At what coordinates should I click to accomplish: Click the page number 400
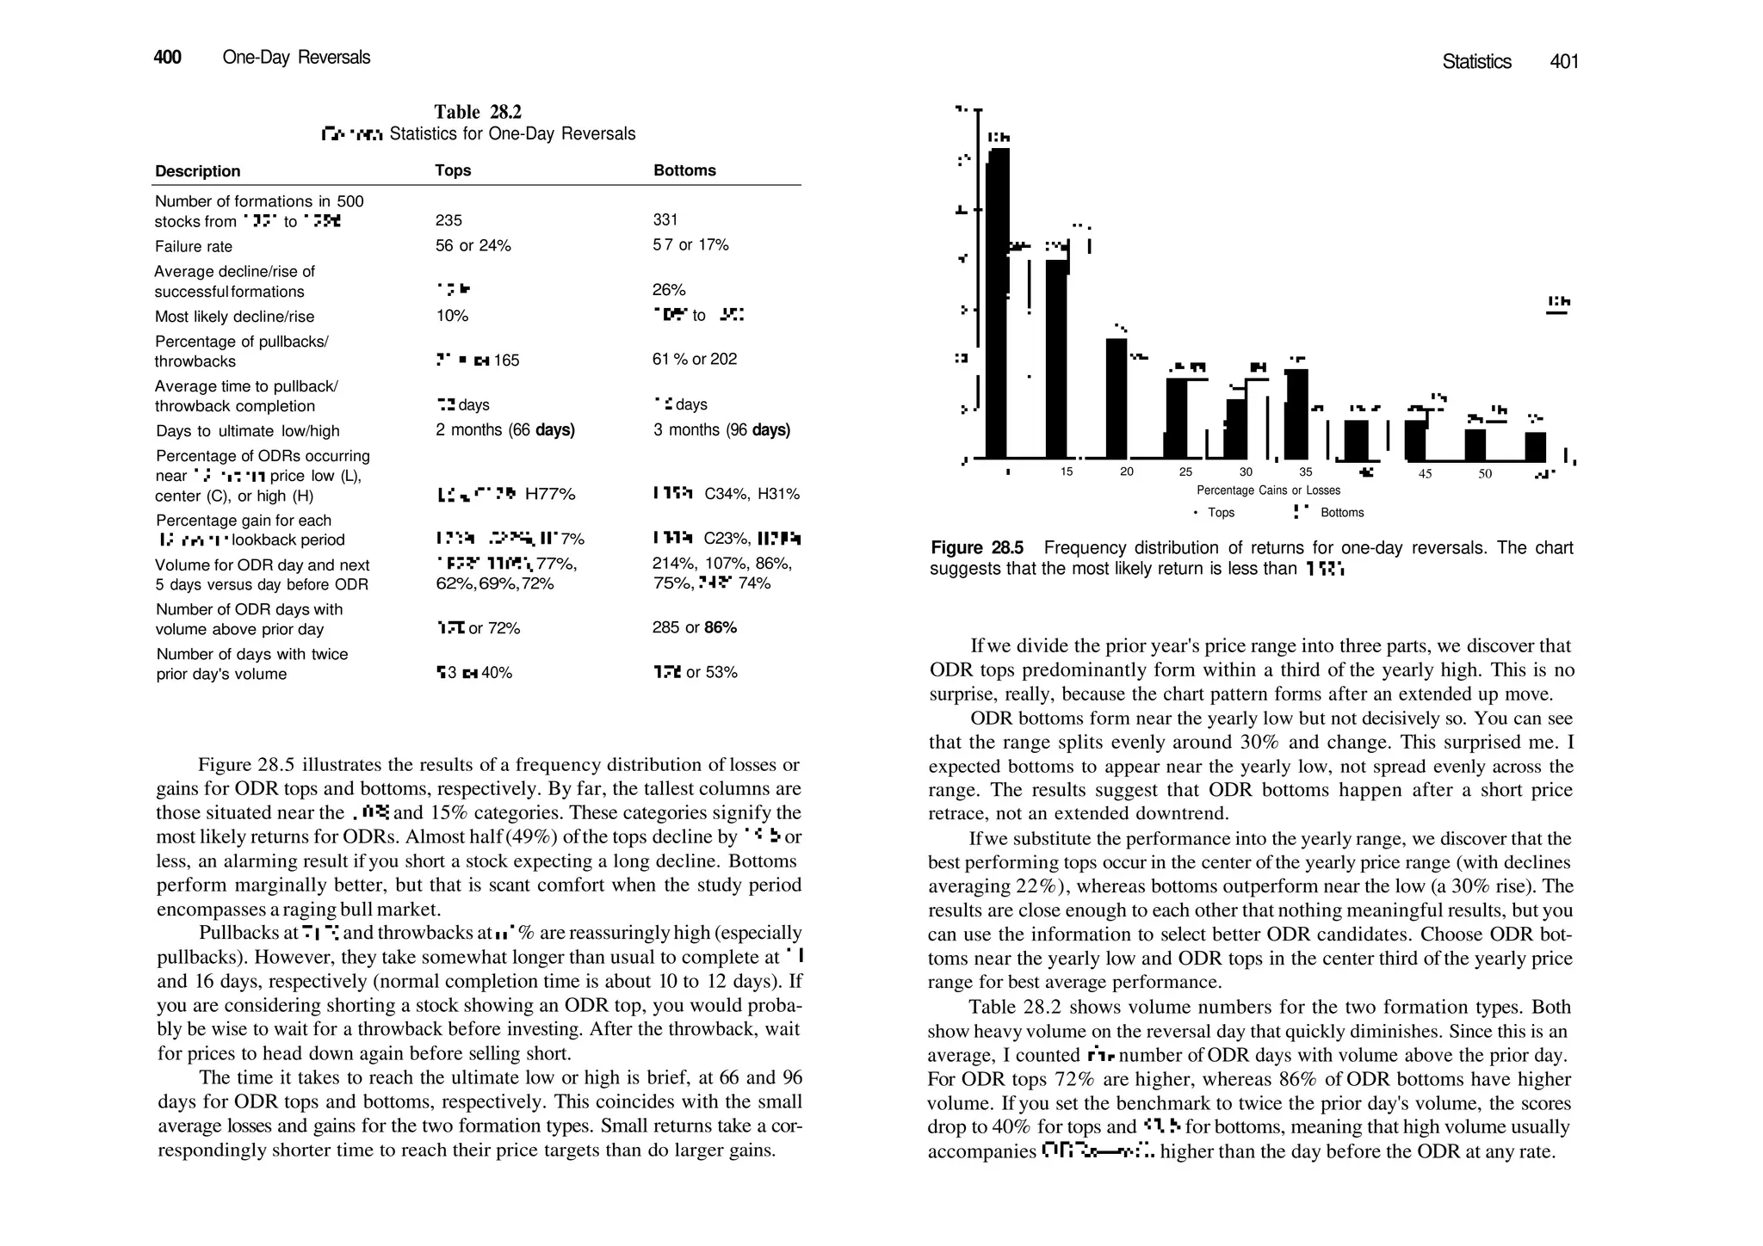click(167, 58)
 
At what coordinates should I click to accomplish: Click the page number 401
click(1563, 62)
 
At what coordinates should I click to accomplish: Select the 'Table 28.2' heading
click(478, 112)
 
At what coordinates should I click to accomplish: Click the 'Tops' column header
click(453, 170)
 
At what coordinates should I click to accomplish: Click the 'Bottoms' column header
click(684, 170)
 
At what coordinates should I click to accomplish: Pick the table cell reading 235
click(448, 220)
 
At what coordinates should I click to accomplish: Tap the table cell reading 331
click(665, 220)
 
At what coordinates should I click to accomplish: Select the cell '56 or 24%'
click(473, 246)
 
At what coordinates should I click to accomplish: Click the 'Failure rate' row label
click(194, 247)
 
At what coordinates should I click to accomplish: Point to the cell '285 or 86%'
click(695, 628)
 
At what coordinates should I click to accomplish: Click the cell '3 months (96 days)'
click(721, 430)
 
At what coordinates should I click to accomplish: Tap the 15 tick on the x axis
click(1067, 472)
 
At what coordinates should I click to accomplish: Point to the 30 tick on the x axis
click(1246, 472)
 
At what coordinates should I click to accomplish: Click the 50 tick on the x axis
click(1485, 473)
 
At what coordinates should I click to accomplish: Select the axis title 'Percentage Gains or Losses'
click(1268, 490)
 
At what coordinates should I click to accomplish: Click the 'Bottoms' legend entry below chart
click(1342, 513)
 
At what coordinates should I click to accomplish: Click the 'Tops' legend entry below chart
click(1221, 513)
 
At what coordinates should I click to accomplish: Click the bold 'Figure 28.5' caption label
click(977, 548)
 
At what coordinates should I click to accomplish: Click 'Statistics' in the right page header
click(1476, 62)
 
